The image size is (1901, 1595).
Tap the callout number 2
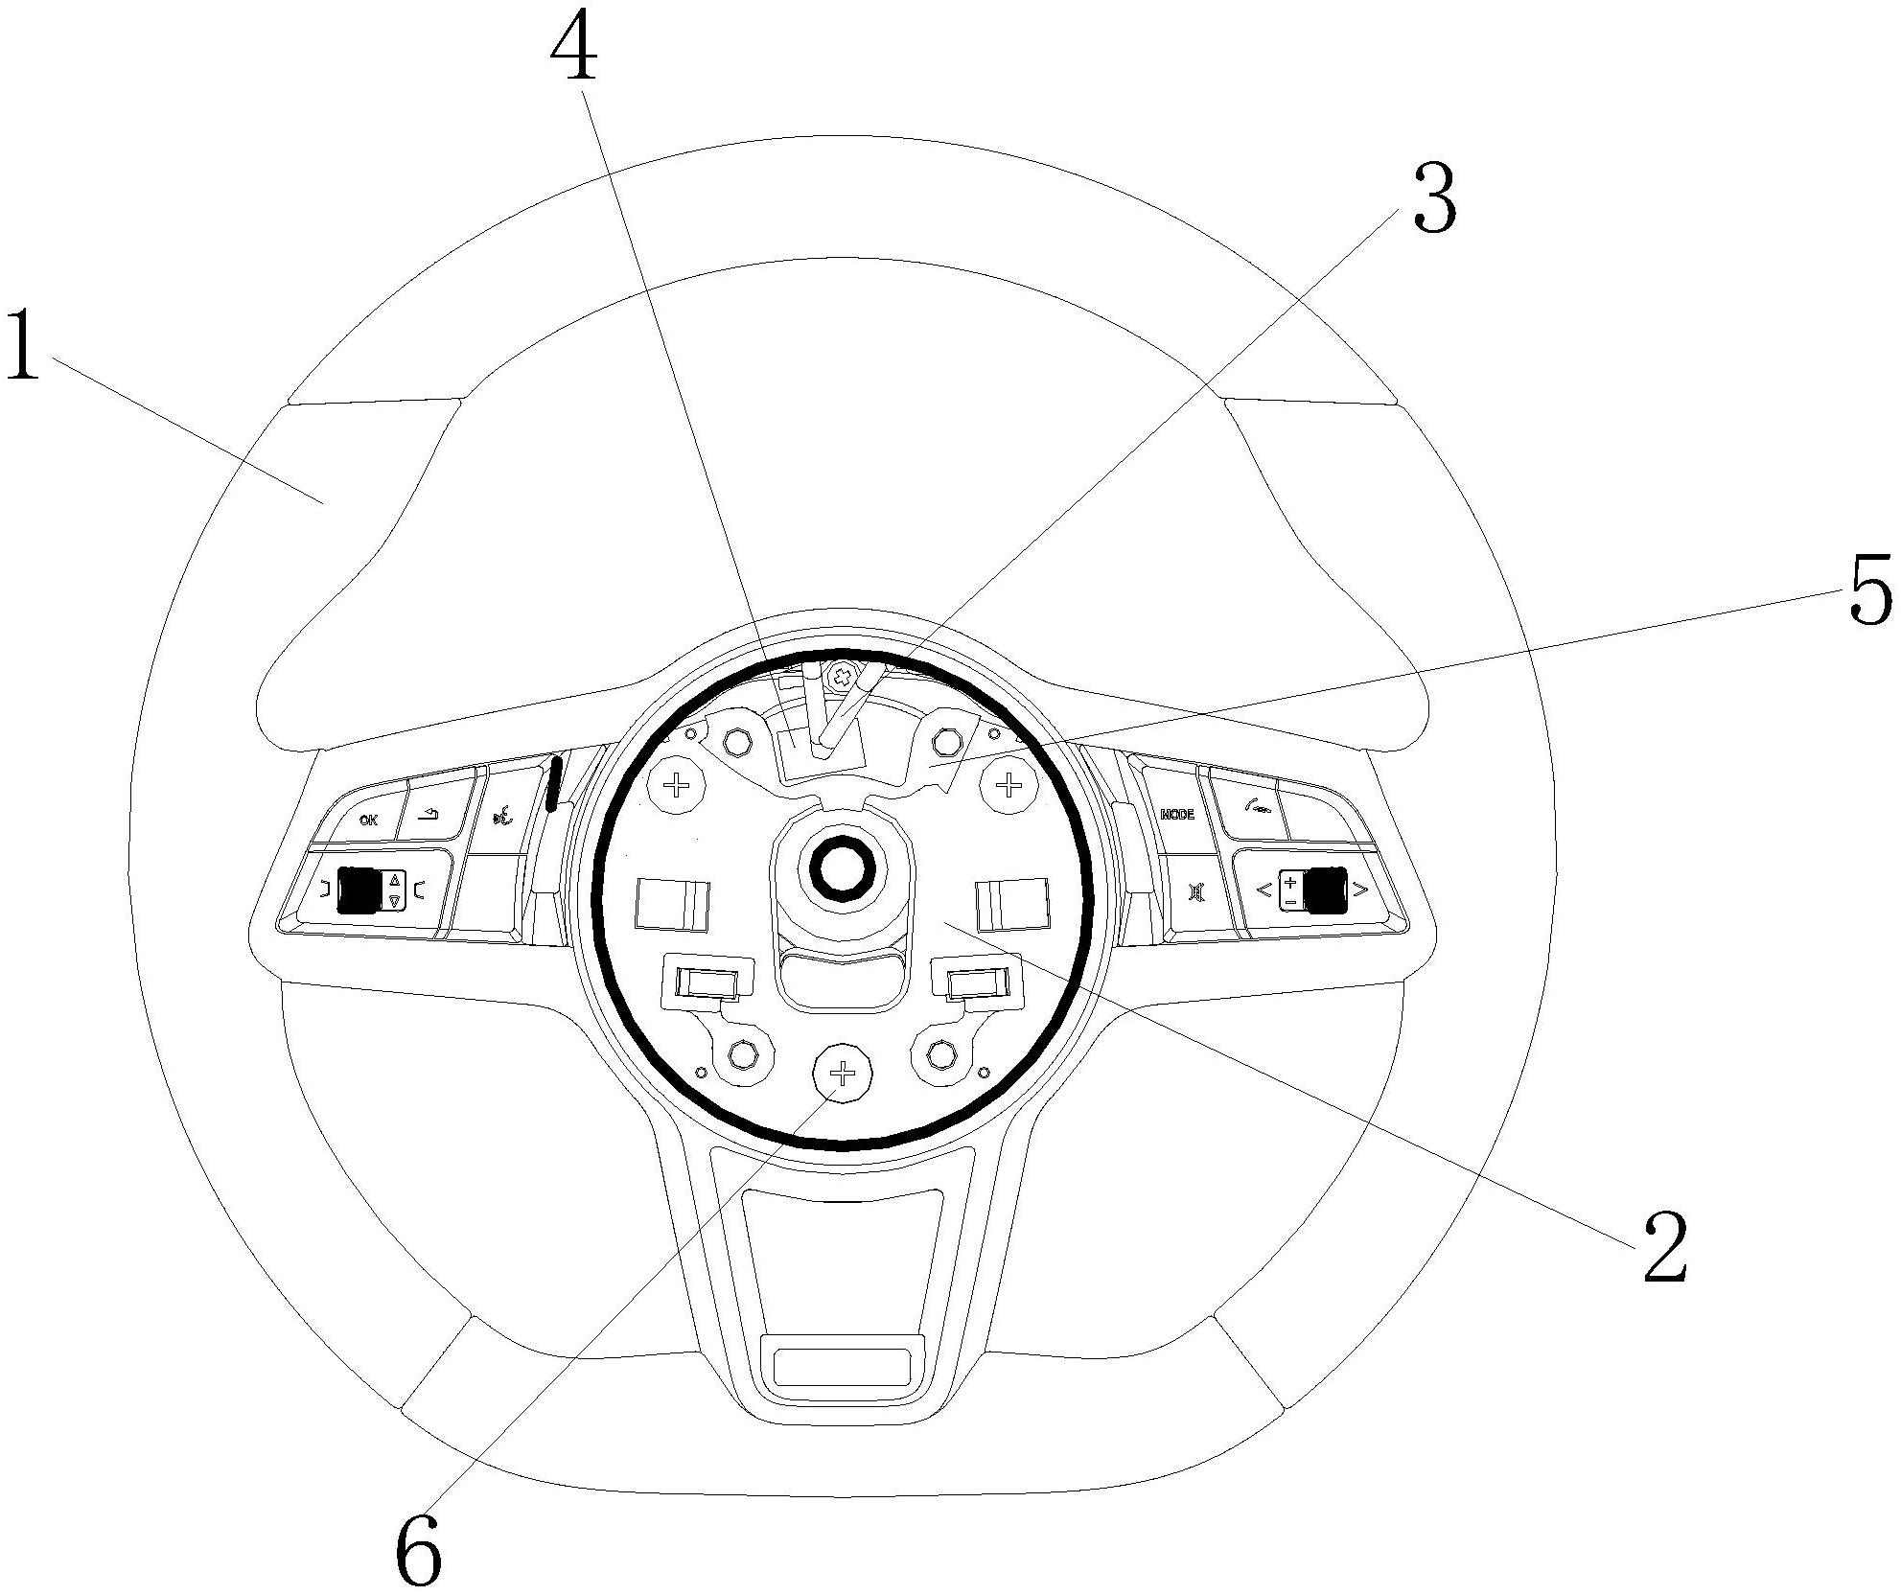tap(1665, 1245)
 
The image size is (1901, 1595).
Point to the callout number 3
tap(1435, 199)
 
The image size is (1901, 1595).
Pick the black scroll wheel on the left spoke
tap(359, 889)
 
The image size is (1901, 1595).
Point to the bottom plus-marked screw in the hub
tap(842, 1073)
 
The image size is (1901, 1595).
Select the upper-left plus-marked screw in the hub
tap(678, 787)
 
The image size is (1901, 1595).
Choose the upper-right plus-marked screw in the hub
tap(1008, 787)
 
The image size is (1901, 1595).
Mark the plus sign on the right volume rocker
tap(1290, 880)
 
